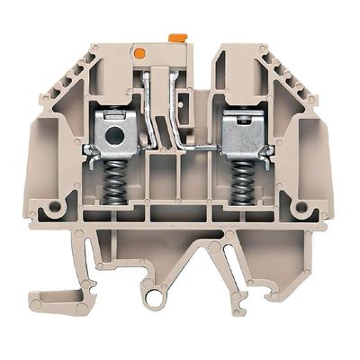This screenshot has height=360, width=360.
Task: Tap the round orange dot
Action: coord(139,54)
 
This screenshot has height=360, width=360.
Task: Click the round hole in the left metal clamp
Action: coord(112,137)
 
